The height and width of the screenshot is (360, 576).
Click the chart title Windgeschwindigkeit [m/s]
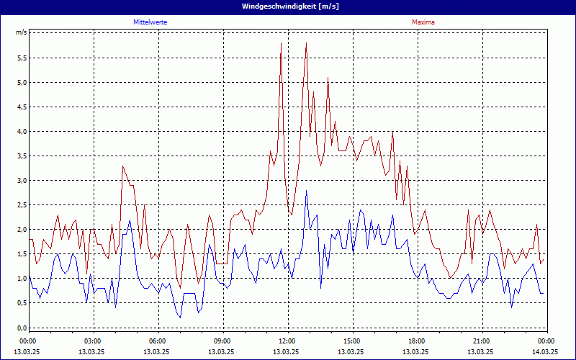pyautogui.click(x=288, y=6)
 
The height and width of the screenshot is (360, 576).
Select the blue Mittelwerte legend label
pyautogui.click(x=150, y=22)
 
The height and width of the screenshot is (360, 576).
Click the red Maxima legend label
pyautogui.click(x=423, y=22)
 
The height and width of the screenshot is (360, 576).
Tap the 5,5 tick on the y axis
pyautogui.click(x=22, y=58)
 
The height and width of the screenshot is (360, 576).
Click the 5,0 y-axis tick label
pyautogui.click(x=22, y=82)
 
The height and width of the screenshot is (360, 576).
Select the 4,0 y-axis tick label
pyautogui.click(x=22, y=131)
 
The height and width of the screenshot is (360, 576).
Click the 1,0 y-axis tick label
pyautogui.click(x=22, y=278)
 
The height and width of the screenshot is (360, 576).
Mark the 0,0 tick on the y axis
pyautogui.click(x=22, y=327)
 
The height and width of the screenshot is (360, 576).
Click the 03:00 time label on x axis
pyautogui.click(x=93, y=341)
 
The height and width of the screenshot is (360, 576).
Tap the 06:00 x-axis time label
pyautogui.click(x=158, y=341)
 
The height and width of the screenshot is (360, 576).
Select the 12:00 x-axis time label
pyautogui.click(x=287, y=341)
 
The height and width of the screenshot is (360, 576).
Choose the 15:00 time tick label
pyautogui.click(x=351, y=341)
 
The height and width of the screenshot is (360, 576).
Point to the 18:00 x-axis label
pyautogui.click(x=416, y=341)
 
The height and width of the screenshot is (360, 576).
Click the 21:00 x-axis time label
pyautogui.click(x=481, y=341)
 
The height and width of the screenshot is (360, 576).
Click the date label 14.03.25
pyautogui.click(x=544, y=351)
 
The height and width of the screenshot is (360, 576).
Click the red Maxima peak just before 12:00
pyautogui.click(x=281, y=44)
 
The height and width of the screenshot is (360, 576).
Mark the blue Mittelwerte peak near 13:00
pyautogui.click(x=306, y=192)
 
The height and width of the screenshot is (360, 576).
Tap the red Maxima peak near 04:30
pyautogui.click(x=123, y=166)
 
